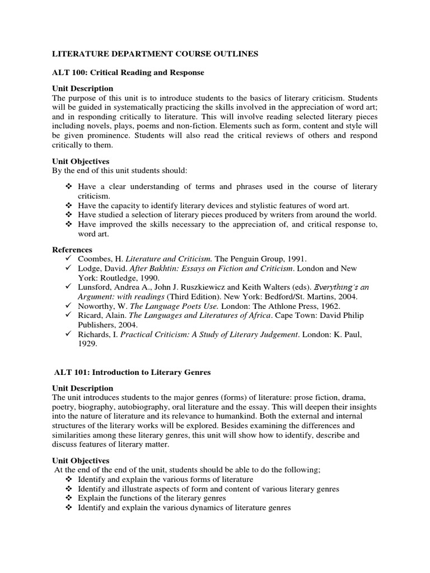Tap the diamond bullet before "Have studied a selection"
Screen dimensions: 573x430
pos(69,215)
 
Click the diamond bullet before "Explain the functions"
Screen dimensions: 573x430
pos(69,498)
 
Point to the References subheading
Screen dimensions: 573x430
pos(72,250)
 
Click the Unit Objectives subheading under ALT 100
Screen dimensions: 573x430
pos(81,161)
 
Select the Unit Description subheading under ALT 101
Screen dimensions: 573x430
pos(82,388)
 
